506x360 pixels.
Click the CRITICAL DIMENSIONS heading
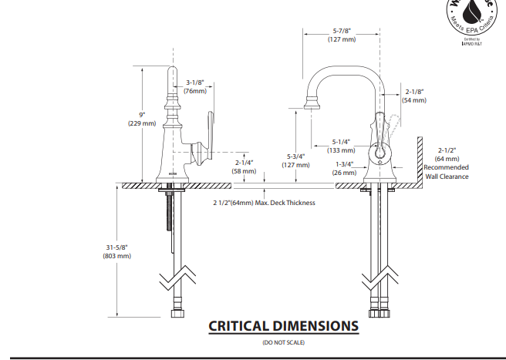[283, 326]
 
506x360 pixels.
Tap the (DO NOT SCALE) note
[283, 341]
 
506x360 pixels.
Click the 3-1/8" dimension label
[196, 82]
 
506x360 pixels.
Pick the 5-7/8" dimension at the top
[341, 30]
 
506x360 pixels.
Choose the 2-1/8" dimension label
[414, 92]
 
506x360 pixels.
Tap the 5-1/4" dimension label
[342, 141]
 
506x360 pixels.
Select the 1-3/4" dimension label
[344, 164]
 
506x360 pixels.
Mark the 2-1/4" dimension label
[245, 163]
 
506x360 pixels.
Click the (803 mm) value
[118, 256]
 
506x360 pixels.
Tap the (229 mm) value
[142, 123]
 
